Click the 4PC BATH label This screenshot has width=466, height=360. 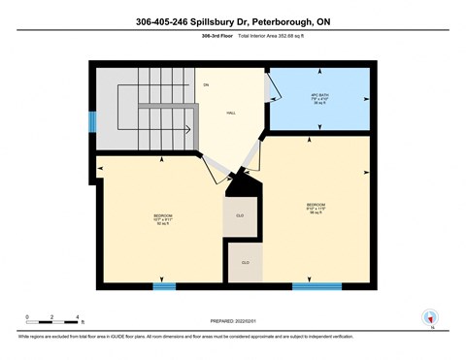[x=319, y=99]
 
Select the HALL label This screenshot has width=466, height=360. [x=231, y=114]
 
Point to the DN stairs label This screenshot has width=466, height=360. [x=206, y=85]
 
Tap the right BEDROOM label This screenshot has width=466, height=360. [x=316, y=208]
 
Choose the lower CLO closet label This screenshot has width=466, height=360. [x=245, y=263]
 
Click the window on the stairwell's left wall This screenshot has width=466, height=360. [x=92, y=121]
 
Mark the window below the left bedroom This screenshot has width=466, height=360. [x=164, y=285]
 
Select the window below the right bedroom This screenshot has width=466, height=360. [x=316, y=285]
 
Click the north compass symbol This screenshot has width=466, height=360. [x=428, y=317]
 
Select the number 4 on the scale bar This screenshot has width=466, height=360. [x=77, y=316]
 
